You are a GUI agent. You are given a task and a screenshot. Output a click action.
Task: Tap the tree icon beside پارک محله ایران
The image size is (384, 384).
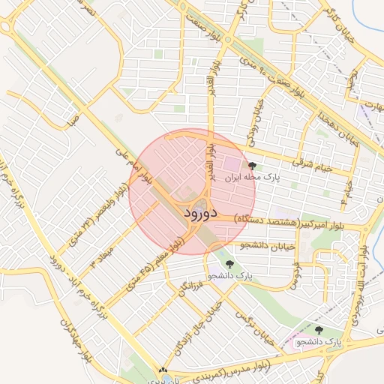tap(251, 166)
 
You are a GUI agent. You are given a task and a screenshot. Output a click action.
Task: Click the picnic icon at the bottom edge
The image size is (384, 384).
tap(164, 370)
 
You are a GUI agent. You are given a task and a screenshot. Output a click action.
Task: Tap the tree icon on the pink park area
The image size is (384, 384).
tap(319, 330)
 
